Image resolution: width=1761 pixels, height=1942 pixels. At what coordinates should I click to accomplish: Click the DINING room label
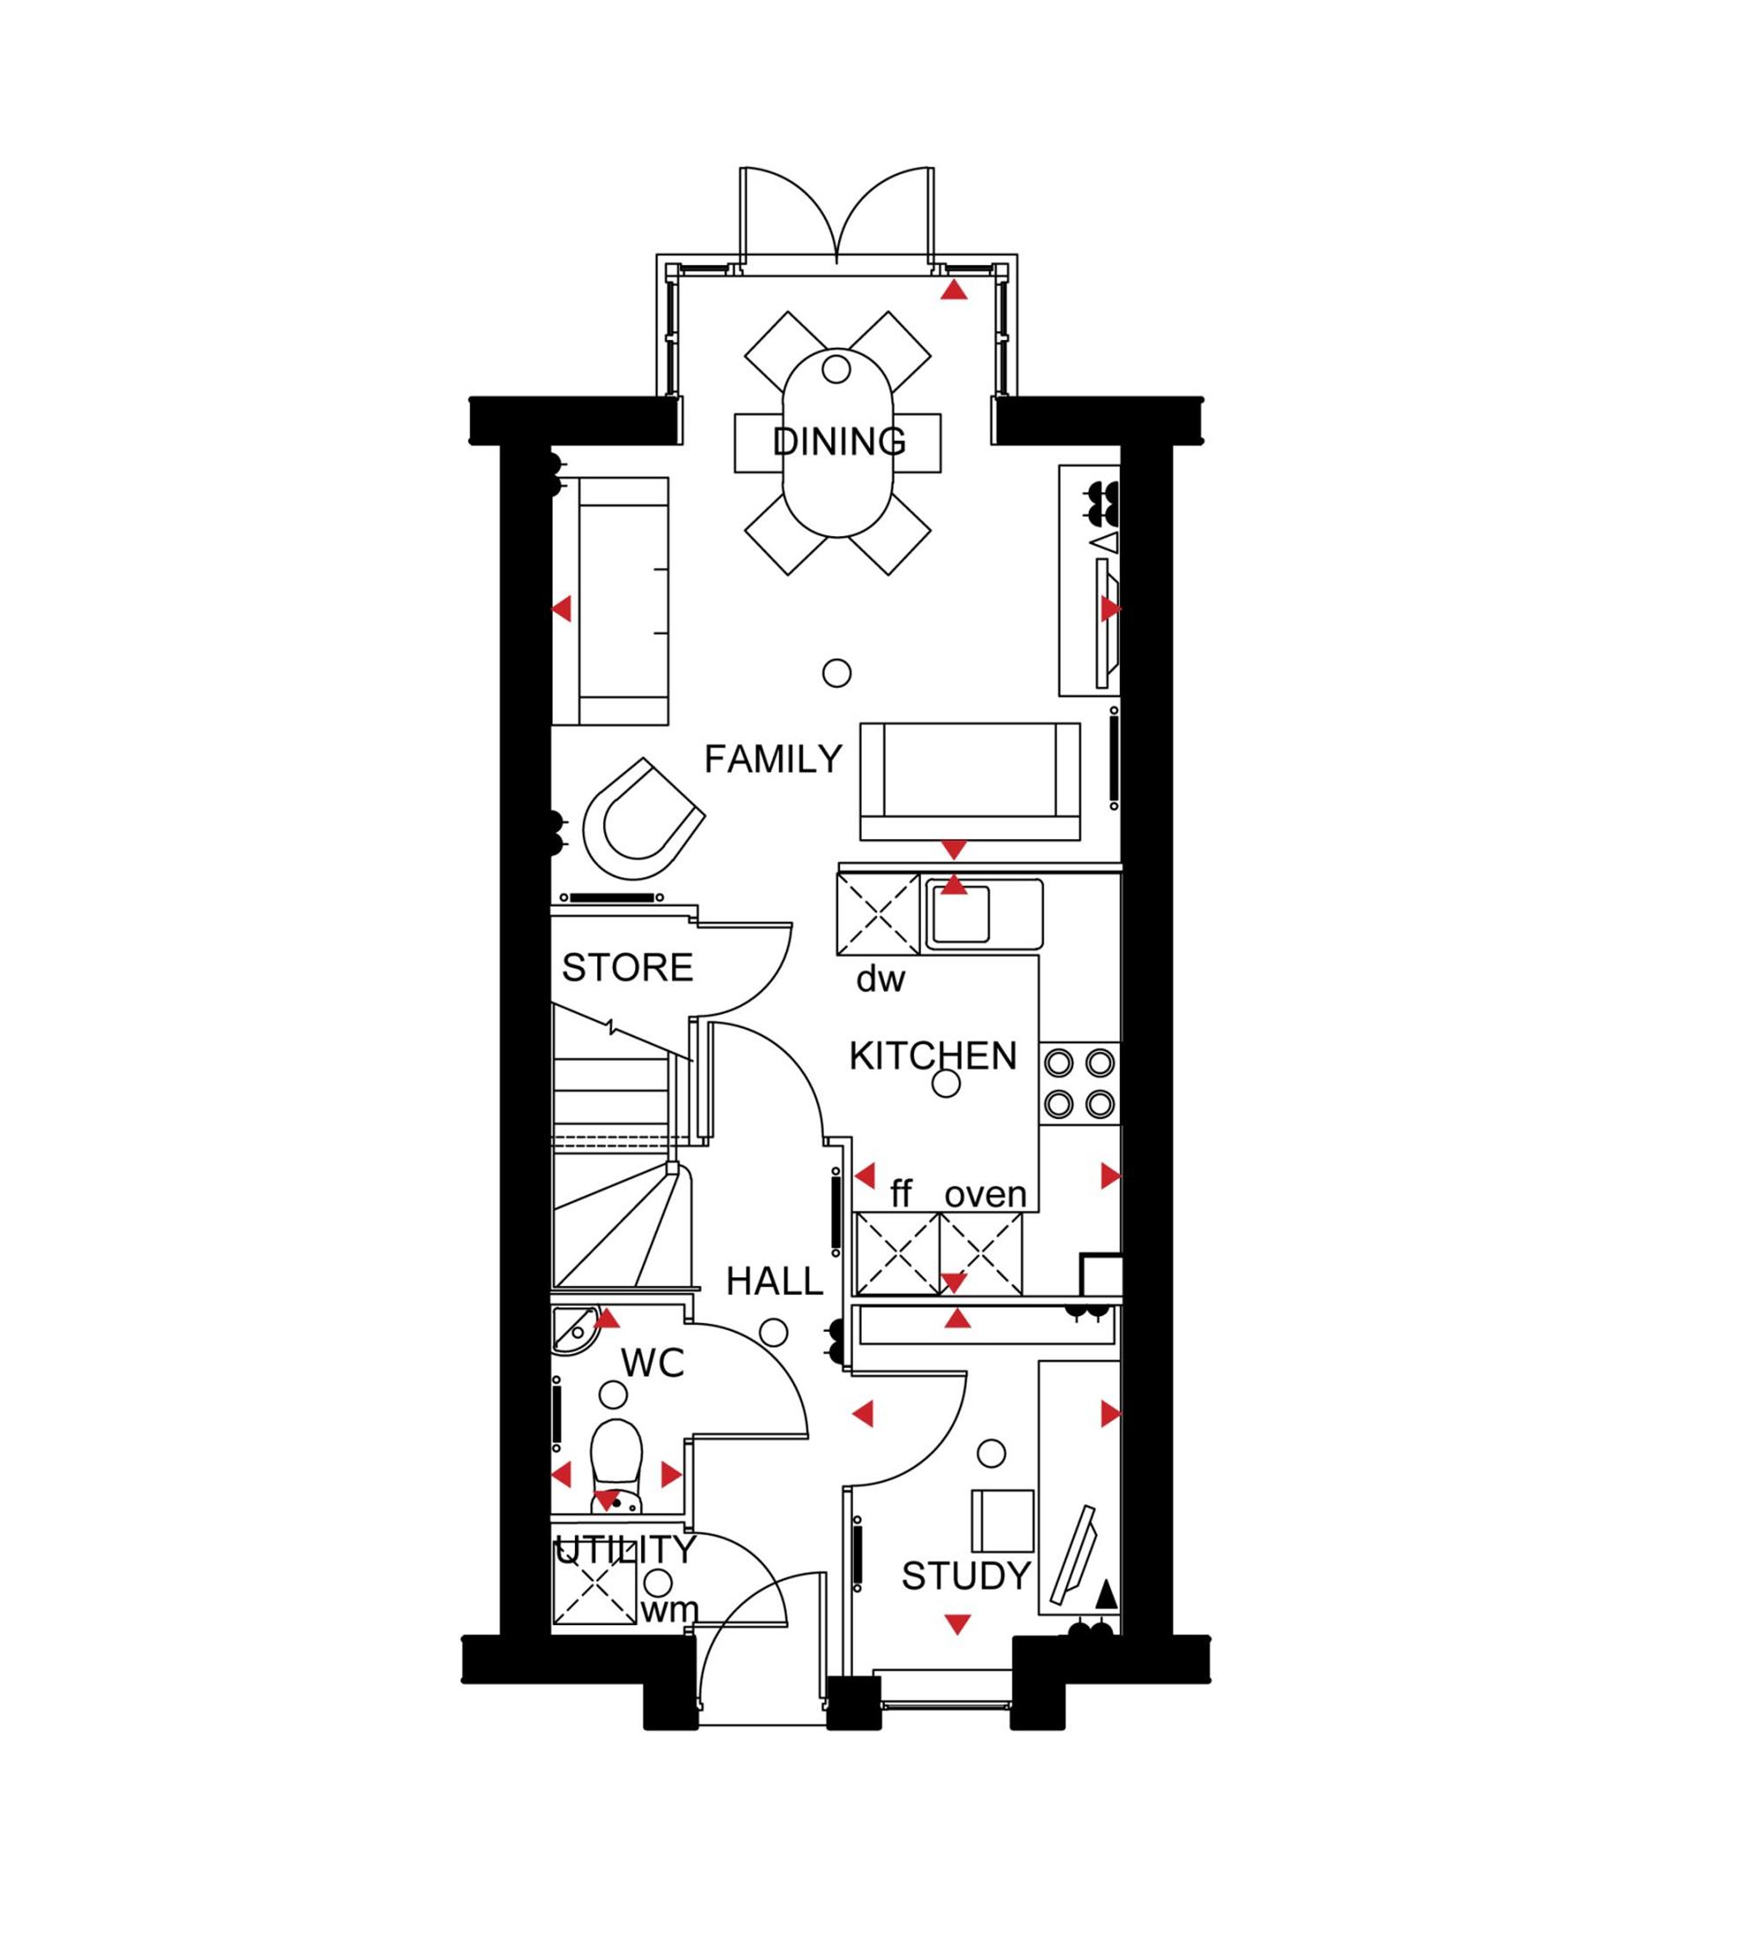pos(839,442)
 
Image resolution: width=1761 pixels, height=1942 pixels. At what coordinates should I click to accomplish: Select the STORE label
pos(627,967)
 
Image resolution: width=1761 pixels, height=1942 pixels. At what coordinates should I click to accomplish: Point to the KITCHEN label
pos(932,1056)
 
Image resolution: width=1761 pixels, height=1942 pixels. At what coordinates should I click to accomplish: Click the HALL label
pos(775,1281)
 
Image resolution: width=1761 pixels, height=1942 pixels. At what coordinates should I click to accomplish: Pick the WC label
pos(652,1363)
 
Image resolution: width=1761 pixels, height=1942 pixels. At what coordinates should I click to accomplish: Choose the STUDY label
pos(966,1576)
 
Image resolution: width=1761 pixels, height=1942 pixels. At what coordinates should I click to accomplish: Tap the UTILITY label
pos(625,1550)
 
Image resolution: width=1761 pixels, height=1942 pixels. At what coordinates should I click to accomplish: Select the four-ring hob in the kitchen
pos(1079,1083)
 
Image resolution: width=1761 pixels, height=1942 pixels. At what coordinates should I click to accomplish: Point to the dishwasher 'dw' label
pos(880,979)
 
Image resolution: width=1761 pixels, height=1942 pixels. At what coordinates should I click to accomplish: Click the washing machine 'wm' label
pos(669,1608)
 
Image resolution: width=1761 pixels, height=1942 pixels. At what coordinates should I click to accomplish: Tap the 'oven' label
pos(985,1195)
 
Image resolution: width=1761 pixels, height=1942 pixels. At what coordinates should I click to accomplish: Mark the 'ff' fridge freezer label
pos(901,1194)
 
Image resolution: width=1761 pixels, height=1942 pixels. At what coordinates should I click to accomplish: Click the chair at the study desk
pos(1002,1521)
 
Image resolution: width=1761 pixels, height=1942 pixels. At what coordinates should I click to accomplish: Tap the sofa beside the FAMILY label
pos(970,781)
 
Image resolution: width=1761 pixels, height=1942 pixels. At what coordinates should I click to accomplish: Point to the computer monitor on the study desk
pos(1074,1555)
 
